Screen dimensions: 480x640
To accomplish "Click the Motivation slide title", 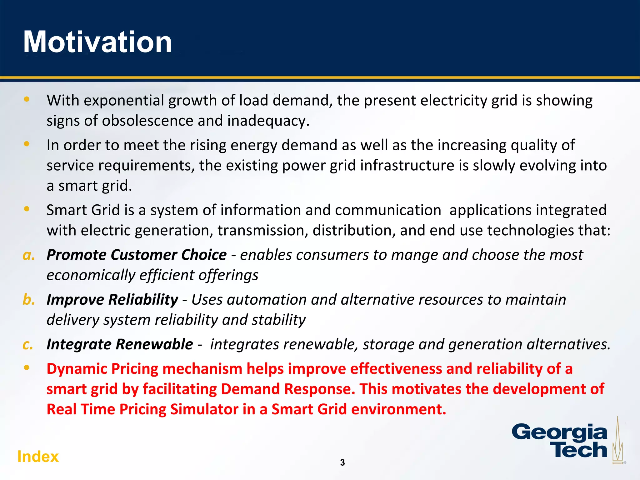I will click(97, 42).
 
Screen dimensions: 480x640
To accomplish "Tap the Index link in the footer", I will click(38, 457).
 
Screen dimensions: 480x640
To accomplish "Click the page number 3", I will click(342, 462).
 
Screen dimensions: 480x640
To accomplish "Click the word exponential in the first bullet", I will click(124, 101).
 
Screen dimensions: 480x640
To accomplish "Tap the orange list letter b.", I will click(29, 300).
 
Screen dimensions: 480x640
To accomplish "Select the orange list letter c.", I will click(28, 345).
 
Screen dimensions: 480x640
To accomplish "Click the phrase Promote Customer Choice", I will click(137, 255).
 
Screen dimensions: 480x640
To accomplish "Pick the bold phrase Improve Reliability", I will click(112, 299).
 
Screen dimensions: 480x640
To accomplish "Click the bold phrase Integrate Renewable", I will click(120, 344).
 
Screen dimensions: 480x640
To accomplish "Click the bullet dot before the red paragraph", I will click(27, 367).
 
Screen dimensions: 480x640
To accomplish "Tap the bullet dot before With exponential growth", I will click(27, 99).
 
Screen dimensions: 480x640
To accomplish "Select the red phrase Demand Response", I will click(288, 389).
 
